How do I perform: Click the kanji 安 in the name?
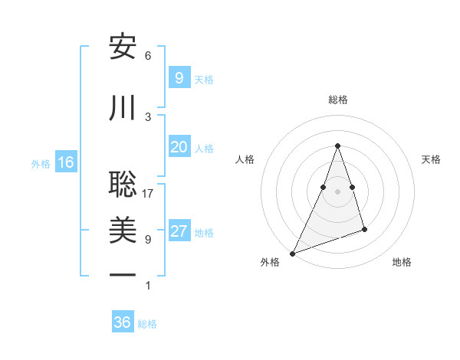pyautogui.click(x=123, y=48)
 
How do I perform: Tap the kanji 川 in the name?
pyautogui.click(x=123, y=109)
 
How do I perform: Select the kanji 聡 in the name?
pyautogui.click(x=123, y=185)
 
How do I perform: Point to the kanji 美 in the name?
pyautogui.click(x=123, y=231)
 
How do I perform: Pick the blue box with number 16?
pyautogui.click(x=65, y=162)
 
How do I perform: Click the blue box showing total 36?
pyautogui.click(x=122, y=322)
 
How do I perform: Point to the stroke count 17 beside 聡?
pyautogui.click(x=148, y=194)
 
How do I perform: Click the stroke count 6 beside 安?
pyautogui.click(x=148, y=56)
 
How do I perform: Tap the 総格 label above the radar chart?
pyautogui.click(x=337, y=100)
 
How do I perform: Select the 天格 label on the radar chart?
pyautogui.click(x=431, y=159)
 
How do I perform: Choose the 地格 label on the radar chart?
pyautogui.click(x=402, y=262)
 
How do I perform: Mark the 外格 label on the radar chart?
pyautogui.click(x=270, y=262)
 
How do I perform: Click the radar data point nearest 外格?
pyautogui.click(x=292, y=254)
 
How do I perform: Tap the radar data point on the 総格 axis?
pyautogui.click(x=337, y=146)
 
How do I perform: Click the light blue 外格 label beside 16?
pyautogui.click(x=41, y=163)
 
